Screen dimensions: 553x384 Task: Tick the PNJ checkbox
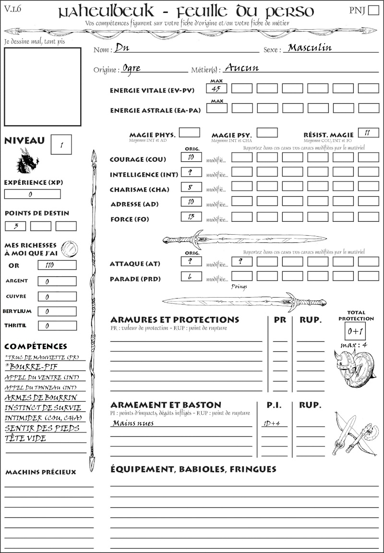point(372,11)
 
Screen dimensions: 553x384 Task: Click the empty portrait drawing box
point(42,86)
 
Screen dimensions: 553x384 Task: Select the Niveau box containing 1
point(62,144)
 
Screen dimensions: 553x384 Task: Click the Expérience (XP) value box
point(32,194)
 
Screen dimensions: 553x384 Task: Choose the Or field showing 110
point(57,265)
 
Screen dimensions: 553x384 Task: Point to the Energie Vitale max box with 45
point(217,88)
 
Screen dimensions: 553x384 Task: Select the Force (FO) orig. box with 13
point(191,216)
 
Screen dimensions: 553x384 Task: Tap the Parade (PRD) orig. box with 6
point(191,276)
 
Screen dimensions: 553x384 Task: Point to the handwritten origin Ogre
point(132,68)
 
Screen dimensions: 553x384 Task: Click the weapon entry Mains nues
point(133,423)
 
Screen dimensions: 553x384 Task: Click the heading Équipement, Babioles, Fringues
point(193,469)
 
